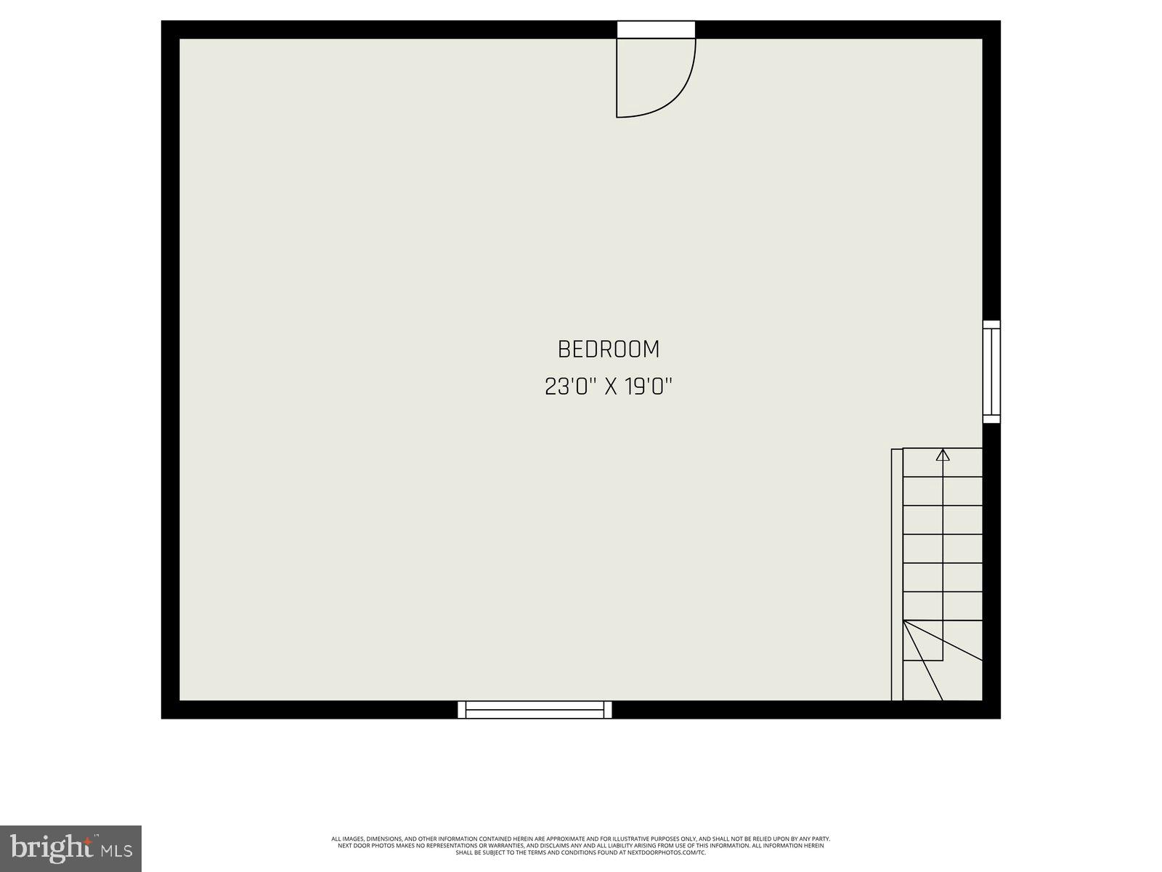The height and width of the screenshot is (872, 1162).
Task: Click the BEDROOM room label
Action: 609,350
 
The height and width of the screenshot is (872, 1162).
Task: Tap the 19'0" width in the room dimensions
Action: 648,387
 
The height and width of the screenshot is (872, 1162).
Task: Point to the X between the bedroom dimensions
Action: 611,387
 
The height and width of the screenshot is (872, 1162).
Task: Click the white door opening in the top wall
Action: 656,29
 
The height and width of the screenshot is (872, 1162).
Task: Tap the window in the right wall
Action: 991,372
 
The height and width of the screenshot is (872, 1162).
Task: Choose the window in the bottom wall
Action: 535,710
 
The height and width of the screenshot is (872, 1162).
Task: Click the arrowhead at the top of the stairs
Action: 943,456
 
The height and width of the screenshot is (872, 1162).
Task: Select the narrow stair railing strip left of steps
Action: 897,574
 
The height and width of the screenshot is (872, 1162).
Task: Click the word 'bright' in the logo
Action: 50,847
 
